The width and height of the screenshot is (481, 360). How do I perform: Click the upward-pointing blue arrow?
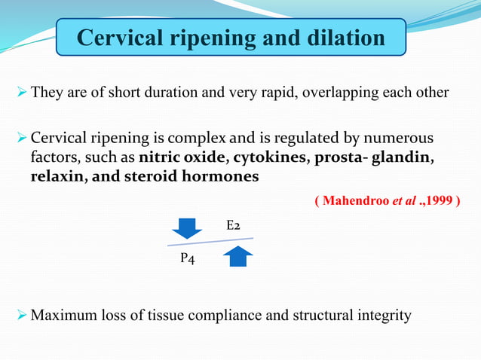237,256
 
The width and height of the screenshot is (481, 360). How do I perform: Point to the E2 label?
234,225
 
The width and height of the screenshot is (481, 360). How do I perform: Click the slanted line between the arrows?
210,242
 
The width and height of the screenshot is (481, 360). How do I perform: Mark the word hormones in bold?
227,176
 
